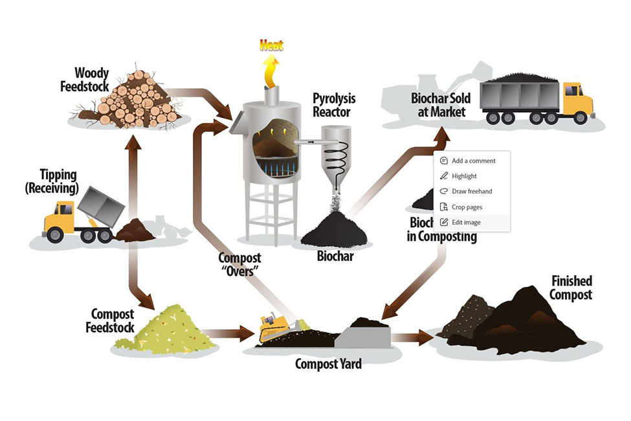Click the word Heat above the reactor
tap(272, 45)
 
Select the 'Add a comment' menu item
tap(473, 161)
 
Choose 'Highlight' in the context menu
tap(464, 176)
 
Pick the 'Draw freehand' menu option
tap(472, 191)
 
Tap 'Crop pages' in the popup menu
tap(467, 207)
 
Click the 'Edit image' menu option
tap(466, 222)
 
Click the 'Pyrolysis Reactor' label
tap(334, 106)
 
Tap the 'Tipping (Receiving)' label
tap(51, 182)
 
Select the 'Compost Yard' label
tap(328, 364)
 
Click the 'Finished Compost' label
tap(571, 288)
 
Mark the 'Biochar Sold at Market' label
tap(441, 105)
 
